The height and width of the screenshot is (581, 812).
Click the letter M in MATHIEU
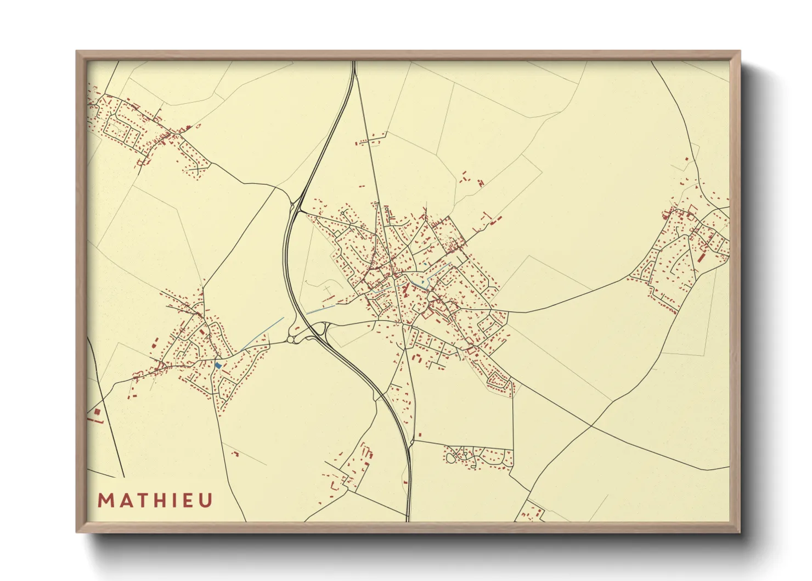coord(105,501)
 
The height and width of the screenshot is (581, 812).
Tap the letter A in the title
coord(123,501)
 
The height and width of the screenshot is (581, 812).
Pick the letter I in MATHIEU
coord(173,501)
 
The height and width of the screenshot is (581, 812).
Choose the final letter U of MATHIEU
coord(206,501)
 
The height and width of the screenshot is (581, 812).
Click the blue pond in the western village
coord(218,365)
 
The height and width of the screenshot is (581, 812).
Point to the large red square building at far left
coord(97,411)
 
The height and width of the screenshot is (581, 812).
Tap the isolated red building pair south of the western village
coord(235,454)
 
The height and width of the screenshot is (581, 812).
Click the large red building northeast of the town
coord(499,219)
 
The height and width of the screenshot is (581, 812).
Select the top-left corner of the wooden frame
coord(77,52)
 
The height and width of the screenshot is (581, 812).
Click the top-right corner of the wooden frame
coord(740,52)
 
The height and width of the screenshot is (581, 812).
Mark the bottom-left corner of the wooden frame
coord(77,532)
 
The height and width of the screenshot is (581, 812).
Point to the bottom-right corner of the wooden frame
coord(740,532)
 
